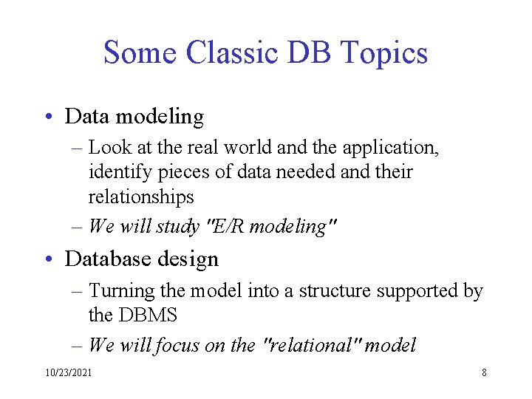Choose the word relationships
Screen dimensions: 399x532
[x=141, y=198]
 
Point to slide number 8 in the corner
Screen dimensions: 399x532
[x=484, y=373]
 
